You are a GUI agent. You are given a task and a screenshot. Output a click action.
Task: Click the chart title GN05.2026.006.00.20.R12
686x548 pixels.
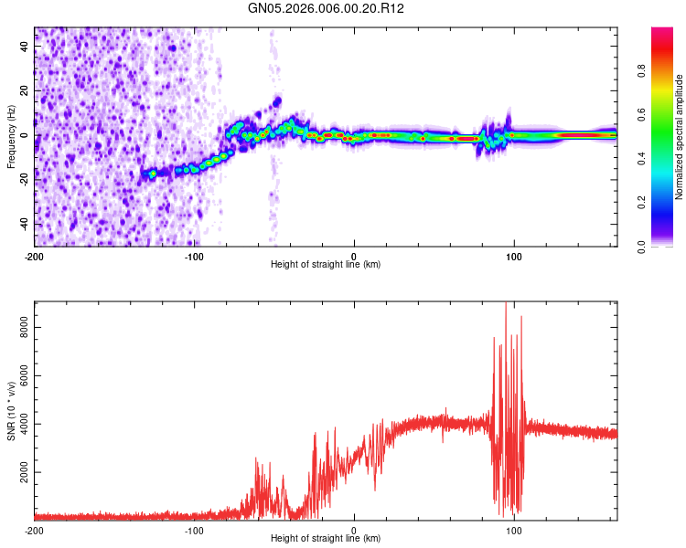click(x=327, y=8)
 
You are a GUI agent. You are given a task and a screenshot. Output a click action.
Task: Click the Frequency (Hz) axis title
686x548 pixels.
click(x=11, y=136)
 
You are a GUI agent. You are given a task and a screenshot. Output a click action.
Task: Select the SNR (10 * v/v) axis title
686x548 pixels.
click(x=11, y=411)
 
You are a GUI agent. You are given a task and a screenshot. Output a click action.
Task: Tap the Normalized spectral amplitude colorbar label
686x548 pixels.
click(x=680, y=137)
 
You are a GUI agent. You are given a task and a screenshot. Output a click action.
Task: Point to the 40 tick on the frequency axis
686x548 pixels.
click(x=24, y=47)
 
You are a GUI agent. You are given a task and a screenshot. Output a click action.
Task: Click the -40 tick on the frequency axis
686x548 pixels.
click(x=22, y=224)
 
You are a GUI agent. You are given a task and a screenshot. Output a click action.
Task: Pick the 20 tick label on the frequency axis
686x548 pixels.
click(x=24, y=91)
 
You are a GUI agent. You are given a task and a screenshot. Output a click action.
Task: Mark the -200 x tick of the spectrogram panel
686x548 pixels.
click(x=35, y=255)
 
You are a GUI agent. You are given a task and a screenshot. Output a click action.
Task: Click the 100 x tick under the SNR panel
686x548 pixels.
click(x=514, y=530)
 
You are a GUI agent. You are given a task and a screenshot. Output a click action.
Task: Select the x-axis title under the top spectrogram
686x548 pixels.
click(x=326, y=265)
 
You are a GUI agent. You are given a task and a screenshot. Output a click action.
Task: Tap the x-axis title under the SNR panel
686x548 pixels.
click(x=326, y=539)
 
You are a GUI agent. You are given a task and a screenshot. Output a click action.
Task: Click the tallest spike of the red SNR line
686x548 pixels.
click(x=506, y=304)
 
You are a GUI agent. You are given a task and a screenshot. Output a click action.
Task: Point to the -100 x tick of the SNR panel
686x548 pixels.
click(x=194, y=530)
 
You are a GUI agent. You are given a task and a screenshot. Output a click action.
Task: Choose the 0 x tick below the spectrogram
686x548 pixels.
click(x=354, y=255)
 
